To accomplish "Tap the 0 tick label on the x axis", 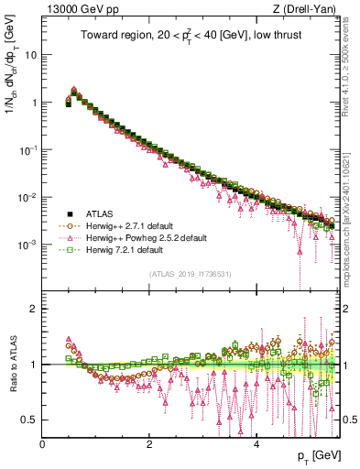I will pos(42,443).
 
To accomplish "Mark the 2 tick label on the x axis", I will pos(149,443).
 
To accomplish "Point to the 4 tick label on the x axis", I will pos(256,443).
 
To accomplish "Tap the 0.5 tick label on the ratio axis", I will pos(29,420).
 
